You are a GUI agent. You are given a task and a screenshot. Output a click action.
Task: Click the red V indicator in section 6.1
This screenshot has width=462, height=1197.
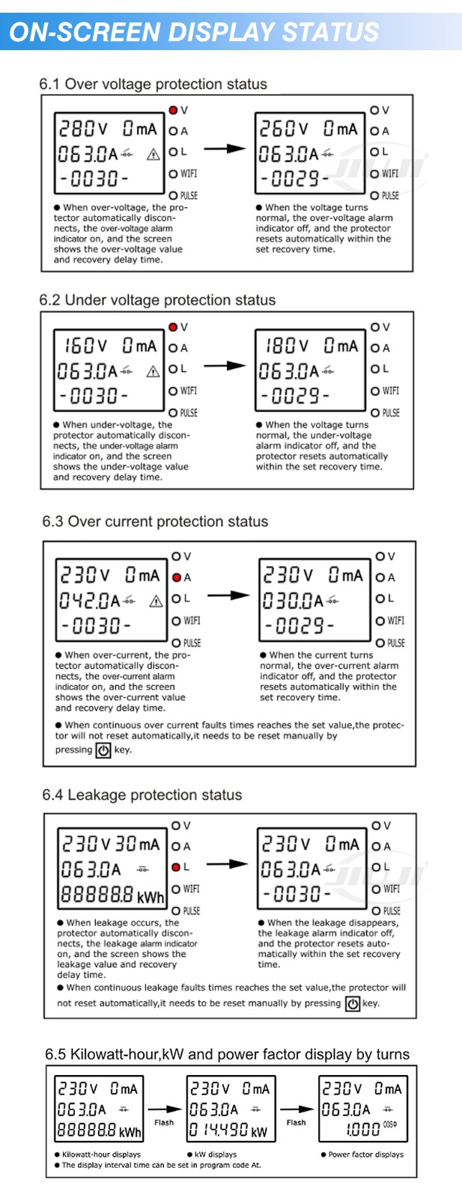coord(173,110)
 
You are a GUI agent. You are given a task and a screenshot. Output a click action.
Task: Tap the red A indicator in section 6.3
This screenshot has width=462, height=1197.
coord(177,577)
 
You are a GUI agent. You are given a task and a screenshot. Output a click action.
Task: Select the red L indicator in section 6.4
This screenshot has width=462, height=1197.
coord(176,867)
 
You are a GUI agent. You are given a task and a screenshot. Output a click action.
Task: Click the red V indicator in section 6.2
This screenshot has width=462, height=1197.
coord(173,327)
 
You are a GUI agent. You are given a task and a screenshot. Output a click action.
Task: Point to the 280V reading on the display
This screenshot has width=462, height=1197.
coord(83,129)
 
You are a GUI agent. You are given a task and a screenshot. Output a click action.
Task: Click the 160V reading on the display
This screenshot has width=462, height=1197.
coord(85,346)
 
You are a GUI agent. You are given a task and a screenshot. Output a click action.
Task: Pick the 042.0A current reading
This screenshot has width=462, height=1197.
coord(90,601)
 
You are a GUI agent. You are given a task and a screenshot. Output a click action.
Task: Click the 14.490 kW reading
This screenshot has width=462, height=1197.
coord(228,1130)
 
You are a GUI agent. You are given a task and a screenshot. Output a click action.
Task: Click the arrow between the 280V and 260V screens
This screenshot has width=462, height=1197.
coord(225,149)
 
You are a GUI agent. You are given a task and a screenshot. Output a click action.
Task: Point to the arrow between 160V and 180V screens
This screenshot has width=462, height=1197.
coord(225,366)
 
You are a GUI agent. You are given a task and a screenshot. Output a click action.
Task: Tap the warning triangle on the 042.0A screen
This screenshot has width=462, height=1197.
coord(156,601)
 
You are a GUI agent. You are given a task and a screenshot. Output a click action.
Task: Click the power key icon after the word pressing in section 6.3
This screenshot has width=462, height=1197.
coord(103,750)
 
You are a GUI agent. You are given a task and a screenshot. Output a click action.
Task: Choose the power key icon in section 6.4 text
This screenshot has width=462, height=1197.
coord(353,1003)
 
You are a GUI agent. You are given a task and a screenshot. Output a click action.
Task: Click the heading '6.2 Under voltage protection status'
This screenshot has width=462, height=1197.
coord(157,300)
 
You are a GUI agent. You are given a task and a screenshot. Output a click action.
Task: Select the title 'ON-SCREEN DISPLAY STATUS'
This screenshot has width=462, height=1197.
coord(194,32)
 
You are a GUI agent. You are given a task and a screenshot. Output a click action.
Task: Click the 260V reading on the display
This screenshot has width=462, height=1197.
coord(284,129)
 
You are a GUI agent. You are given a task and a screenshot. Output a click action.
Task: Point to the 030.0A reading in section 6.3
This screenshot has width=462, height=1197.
coord(293,601)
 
